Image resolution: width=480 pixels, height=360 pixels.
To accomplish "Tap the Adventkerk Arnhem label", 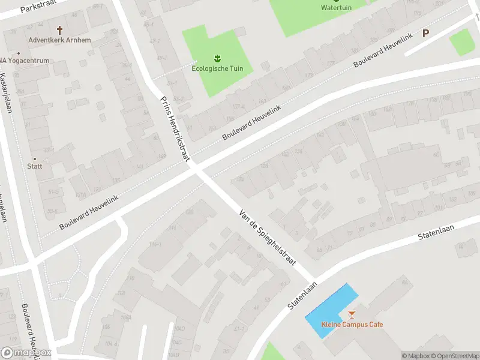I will coord(59,41).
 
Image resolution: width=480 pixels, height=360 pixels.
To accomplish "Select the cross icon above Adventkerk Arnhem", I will coord(59,29).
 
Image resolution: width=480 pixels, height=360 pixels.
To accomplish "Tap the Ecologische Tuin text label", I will coord(217,68).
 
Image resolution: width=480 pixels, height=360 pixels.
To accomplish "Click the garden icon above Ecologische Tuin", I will coord(217,58).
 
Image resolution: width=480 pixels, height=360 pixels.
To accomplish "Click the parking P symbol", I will coord(426,33).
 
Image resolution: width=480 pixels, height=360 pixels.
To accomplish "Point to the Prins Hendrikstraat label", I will coord(174,127).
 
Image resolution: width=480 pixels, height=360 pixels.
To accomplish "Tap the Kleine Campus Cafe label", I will coord(352,325).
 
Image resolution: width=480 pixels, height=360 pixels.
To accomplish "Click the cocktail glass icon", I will coord(352,314).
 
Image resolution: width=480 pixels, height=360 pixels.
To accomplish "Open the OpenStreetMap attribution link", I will coord(455,356).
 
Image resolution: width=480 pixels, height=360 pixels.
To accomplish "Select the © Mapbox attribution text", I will coord(415,356).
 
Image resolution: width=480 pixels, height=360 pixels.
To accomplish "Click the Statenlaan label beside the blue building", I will coord(301,296).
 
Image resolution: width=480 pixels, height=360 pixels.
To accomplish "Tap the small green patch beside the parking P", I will coord(462,42).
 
